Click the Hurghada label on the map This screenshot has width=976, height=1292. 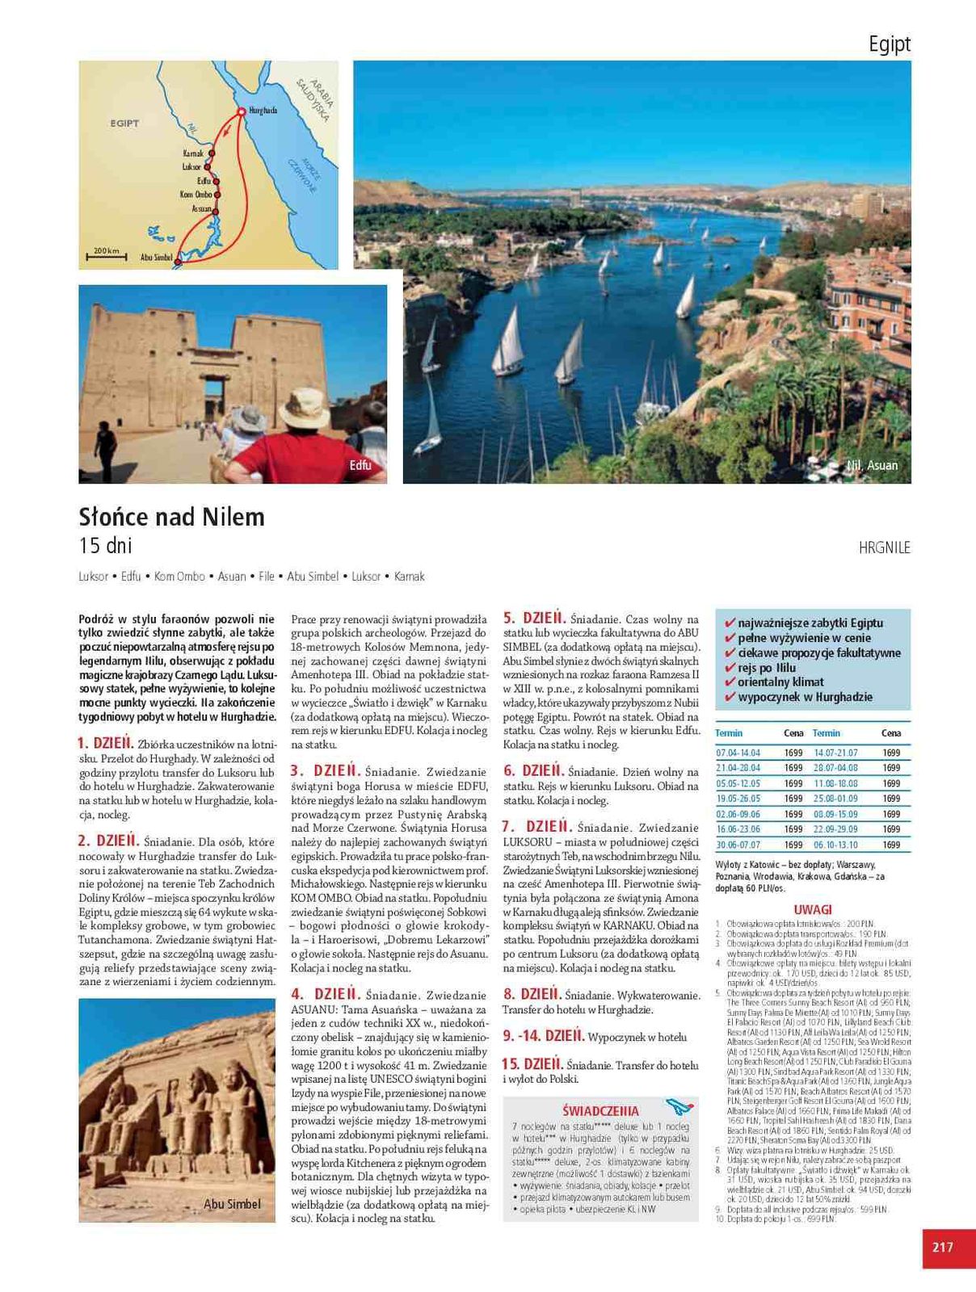263,110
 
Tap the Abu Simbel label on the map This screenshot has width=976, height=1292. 157,258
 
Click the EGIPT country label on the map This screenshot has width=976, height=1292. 124,124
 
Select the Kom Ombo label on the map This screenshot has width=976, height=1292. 196,195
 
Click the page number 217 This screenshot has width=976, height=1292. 943,1247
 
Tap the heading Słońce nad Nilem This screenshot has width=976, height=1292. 171,517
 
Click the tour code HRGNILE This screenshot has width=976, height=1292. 885,547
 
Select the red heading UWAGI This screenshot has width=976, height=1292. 813,909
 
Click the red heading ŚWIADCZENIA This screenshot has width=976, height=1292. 600,1110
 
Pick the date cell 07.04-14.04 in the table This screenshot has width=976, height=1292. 738,753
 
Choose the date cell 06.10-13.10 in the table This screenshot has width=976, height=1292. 835,845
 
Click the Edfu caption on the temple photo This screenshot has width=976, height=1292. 360,465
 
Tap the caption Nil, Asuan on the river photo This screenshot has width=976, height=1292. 873,465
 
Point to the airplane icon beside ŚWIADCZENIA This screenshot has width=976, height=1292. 680,1107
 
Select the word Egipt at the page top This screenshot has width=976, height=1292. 890,44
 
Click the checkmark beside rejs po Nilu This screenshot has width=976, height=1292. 730,668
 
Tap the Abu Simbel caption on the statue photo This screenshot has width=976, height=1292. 232,1204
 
